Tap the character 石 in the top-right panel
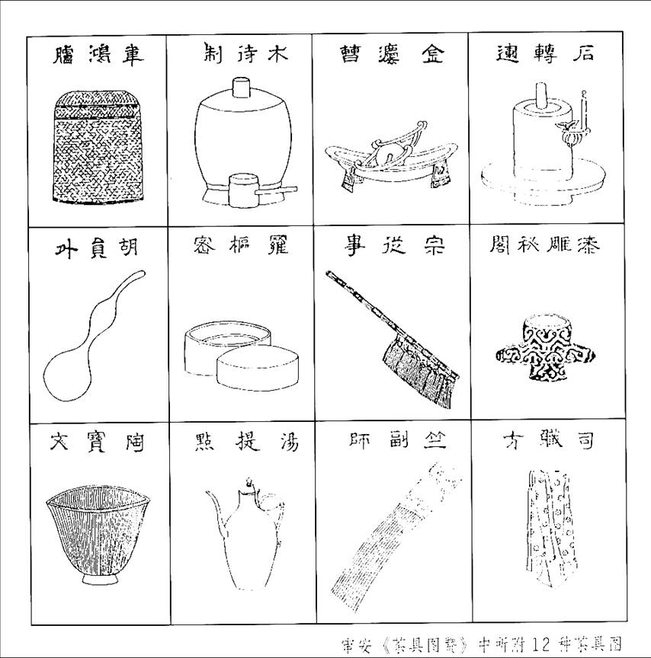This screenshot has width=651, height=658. tap(586, 55)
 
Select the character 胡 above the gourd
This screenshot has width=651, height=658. tap(128, 249)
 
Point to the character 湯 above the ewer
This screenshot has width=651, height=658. tap(288, 442)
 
